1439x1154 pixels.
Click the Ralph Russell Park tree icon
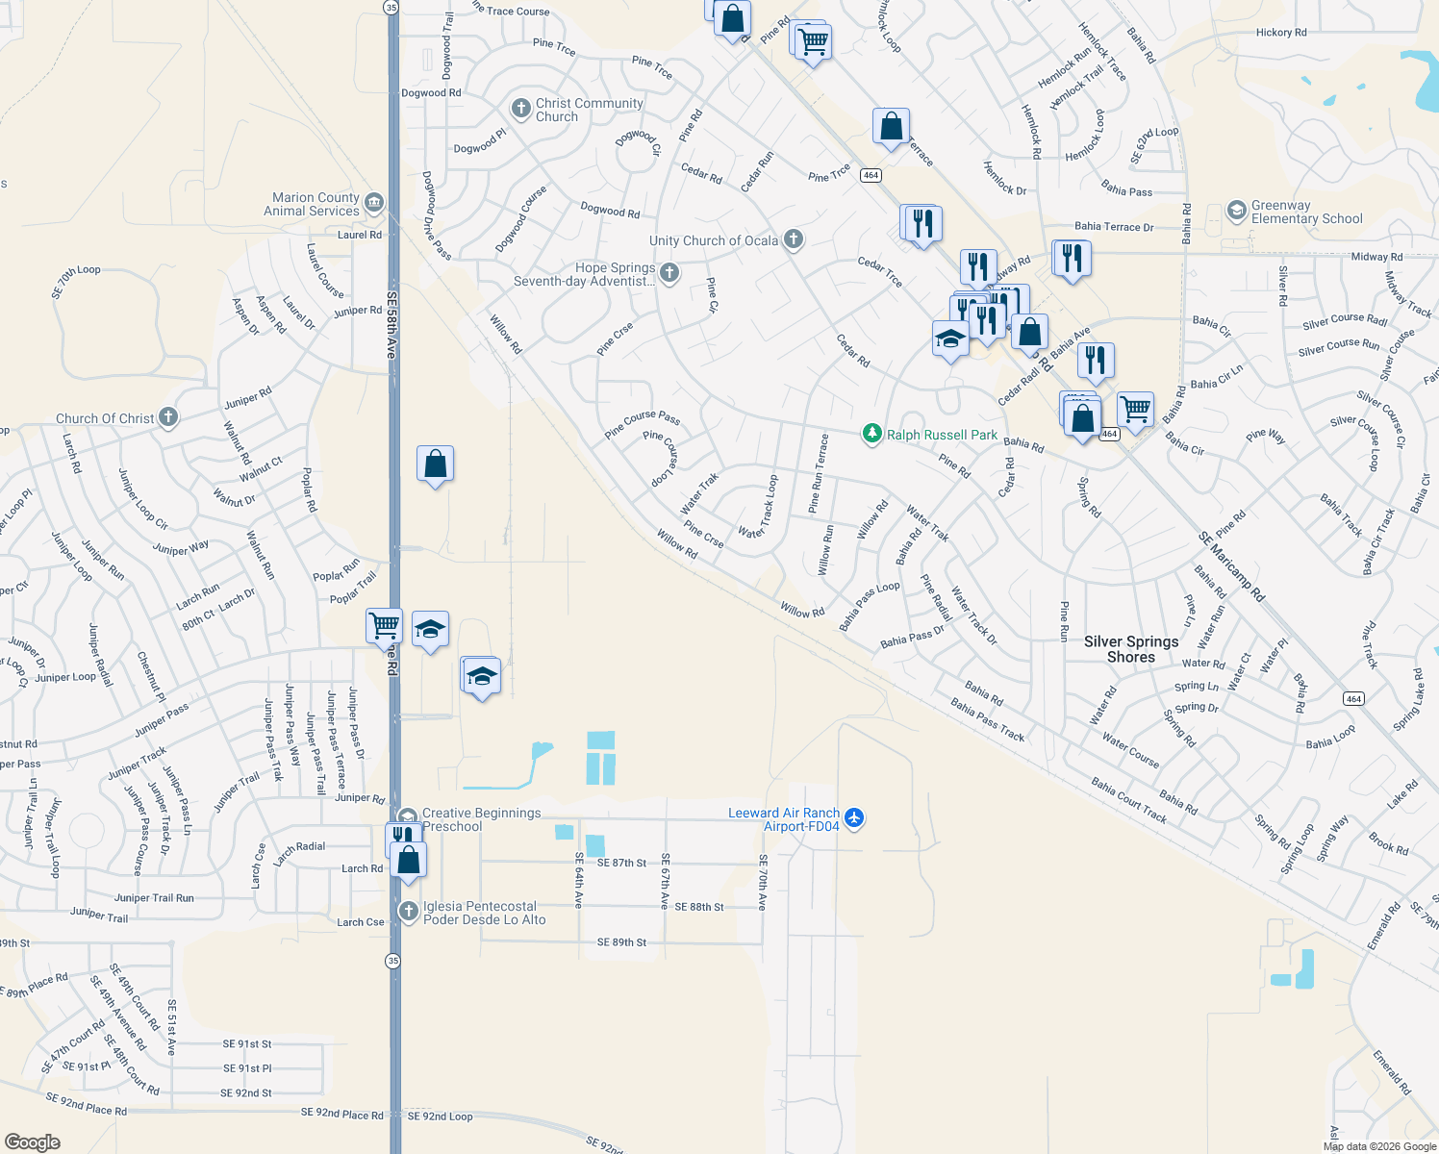click(872, 434)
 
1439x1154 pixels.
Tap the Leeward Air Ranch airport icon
click(853, 818)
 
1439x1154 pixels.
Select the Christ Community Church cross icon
click(521, 109)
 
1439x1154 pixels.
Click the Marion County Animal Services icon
click(374, 203)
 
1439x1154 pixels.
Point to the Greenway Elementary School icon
click(1237, 211)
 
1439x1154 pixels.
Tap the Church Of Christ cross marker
click(168, 417)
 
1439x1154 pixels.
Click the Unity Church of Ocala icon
click(793, 239)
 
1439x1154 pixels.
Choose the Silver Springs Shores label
click(1131, 649)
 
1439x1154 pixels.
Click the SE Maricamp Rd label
click(1232, 567)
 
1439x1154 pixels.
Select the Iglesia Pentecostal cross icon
click(409, 911)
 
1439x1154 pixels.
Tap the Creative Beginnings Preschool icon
click(408, 816)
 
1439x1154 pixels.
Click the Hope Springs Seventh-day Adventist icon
click(669, 273)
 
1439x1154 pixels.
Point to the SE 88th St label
click(699, 907)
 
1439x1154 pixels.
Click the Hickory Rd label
click(1281, 33)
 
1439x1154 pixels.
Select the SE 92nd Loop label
click(440, 1116)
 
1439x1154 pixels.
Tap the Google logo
click(33, 1141)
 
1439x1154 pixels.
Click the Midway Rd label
click(1376, 257)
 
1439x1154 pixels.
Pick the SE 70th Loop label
click(78, 281)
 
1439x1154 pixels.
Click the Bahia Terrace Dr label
click(1114, 227)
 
